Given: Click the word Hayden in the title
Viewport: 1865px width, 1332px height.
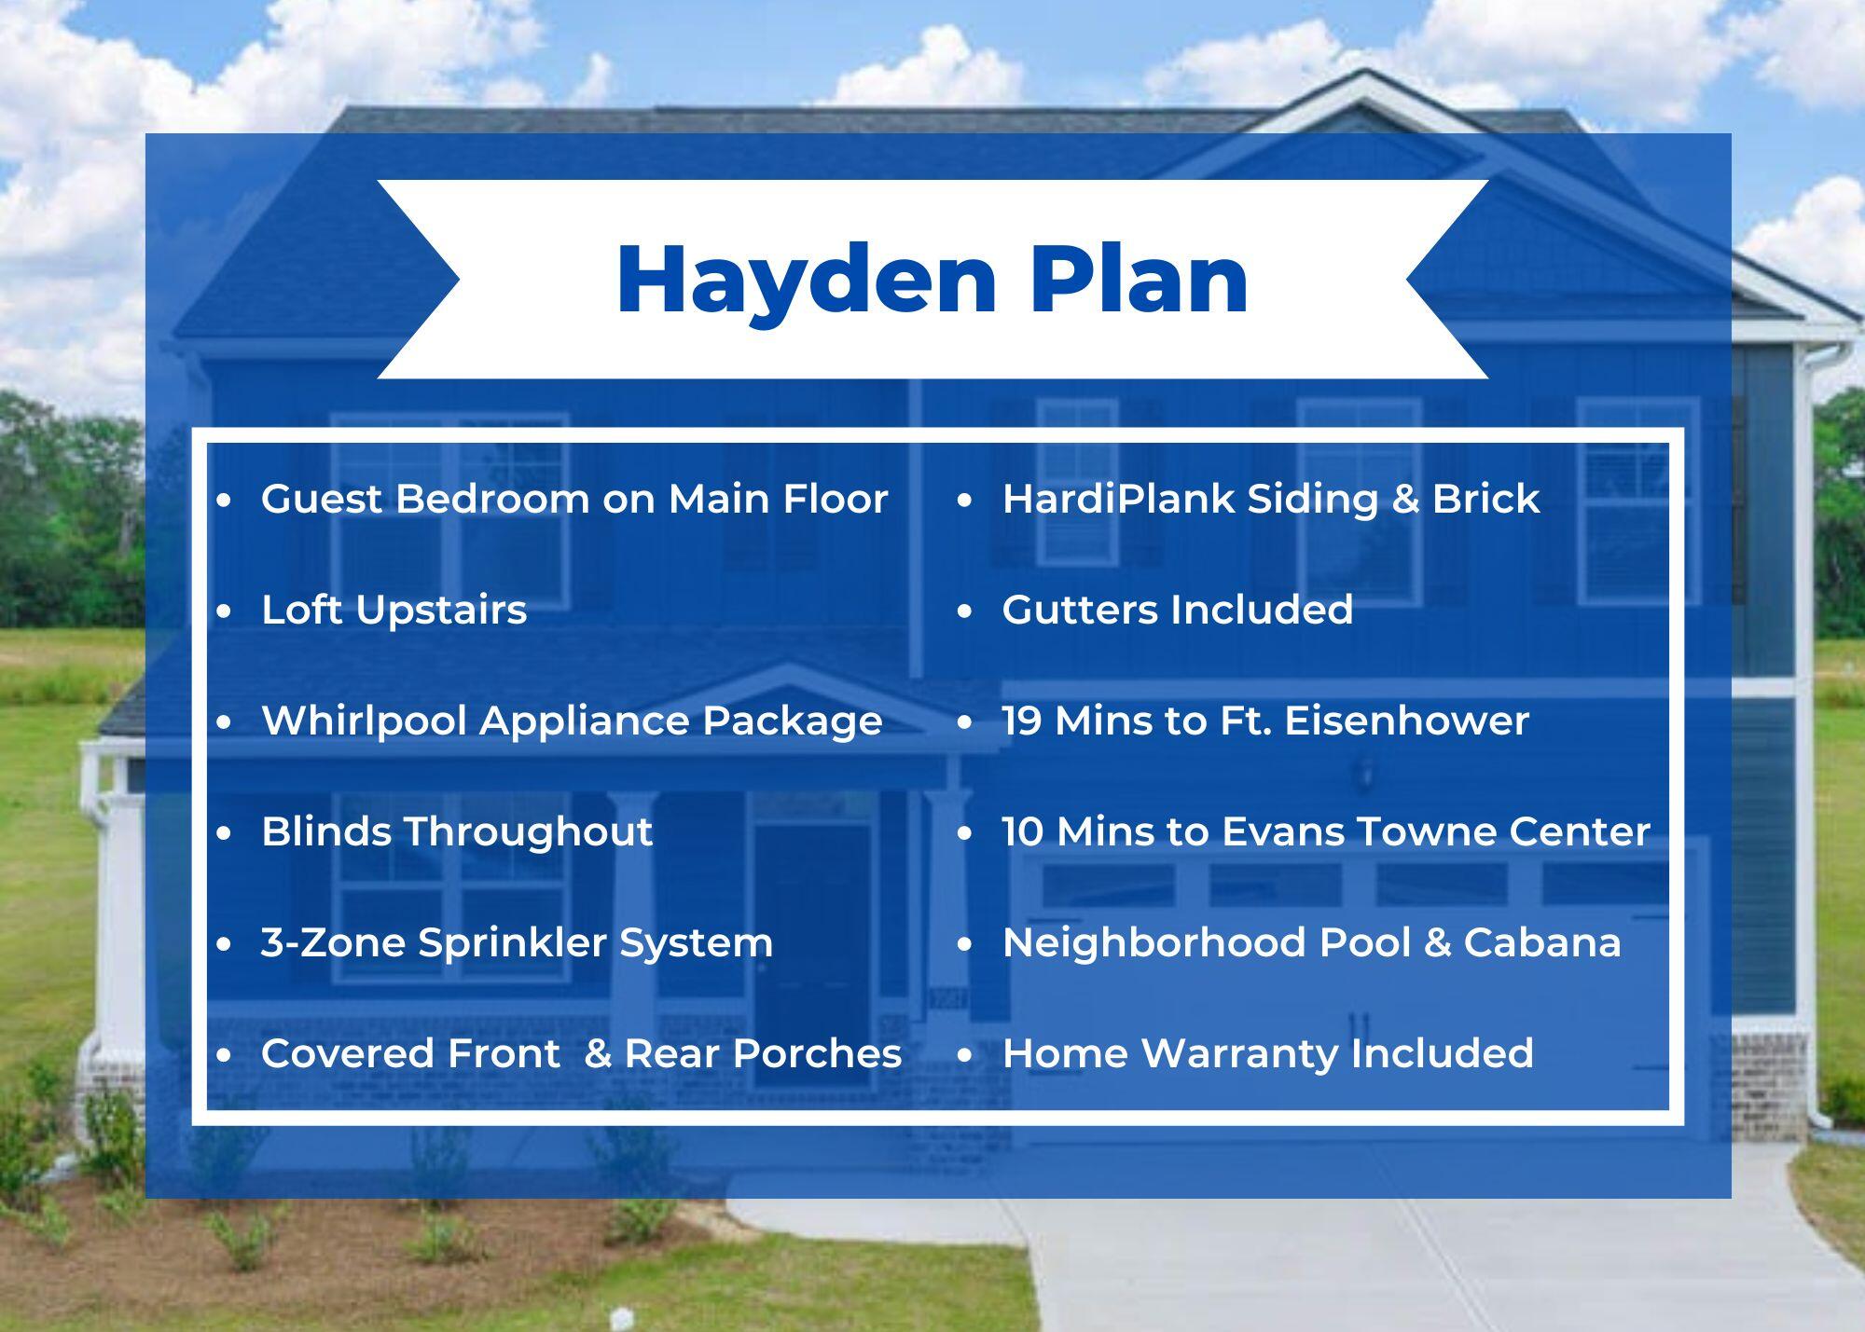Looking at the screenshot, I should (807, 280).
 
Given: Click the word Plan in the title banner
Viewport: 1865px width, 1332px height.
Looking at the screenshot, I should (1139, 280).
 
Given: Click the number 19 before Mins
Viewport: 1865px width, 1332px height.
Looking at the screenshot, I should (1022, 721).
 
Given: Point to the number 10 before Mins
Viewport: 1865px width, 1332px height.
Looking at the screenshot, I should (1022, 831).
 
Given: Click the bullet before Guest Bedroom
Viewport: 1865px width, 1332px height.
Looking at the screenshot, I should (224, 501).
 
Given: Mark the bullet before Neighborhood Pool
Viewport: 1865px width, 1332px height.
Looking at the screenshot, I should (964, 944).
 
